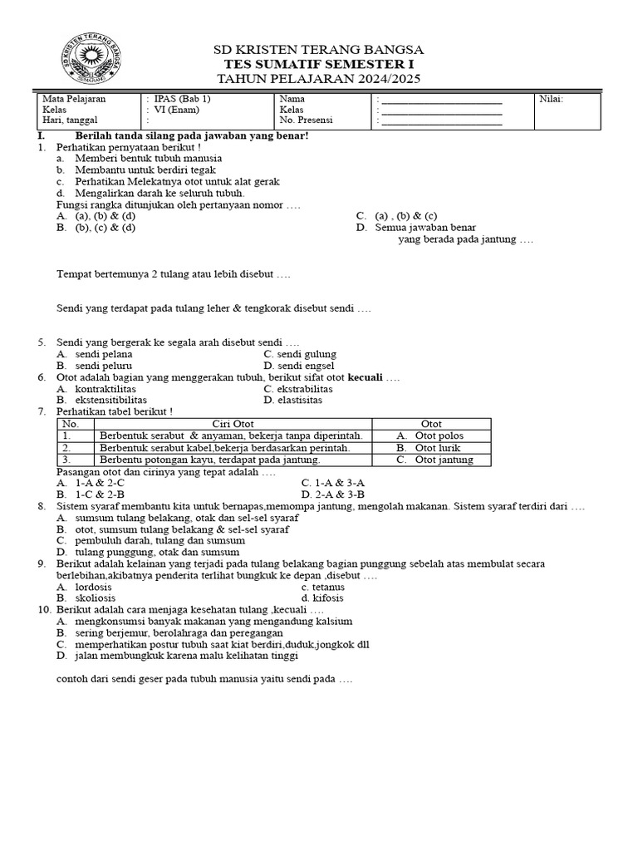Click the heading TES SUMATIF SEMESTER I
(x=319, y=64)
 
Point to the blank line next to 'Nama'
(x=441, y=100)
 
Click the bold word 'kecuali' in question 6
(x=365, y=377)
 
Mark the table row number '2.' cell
(x=66, y=447)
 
